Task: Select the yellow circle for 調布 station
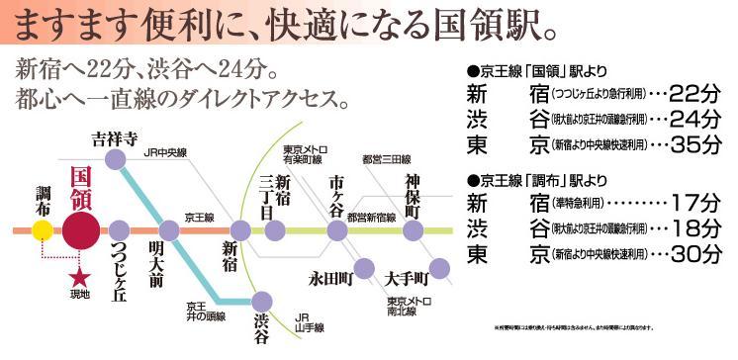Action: pyautogui.click(x=42, y=230)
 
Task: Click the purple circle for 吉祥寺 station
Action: pyautogui.click(x=116, y=157)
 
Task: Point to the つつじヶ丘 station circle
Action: pyautogui.click(x=121, y=230)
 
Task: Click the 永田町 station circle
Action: pyautogui.click(x=363, y=266)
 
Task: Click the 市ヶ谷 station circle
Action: pyautogui.click(x=337, y=230)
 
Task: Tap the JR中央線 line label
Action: pyautogui.click(x=163, y=151)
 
